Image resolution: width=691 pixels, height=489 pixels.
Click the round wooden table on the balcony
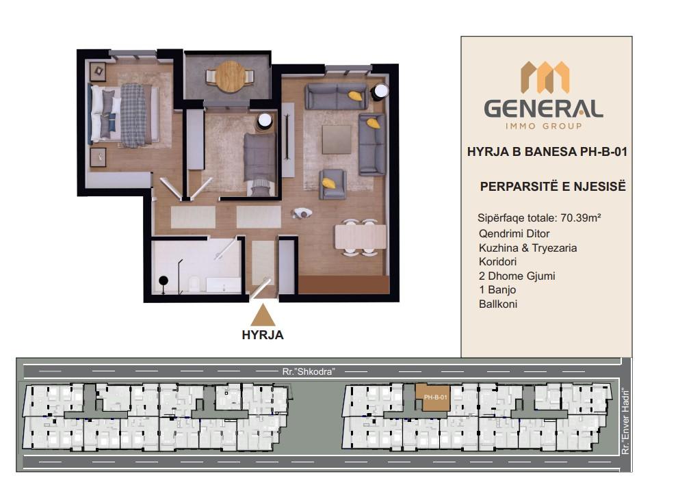pyautogui.click(x=230, y=76)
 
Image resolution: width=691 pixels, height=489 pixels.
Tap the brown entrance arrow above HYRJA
pyautogui.click(x=263, y=315)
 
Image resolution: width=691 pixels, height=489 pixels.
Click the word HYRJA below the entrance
pyautogui.click(x=263, y=335)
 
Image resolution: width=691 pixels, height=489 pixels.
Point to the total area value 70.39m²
pyautogui.click(x=581, y=217)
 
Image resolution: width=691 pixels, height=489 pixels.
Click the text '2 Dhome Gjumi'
pyautogui.click(x=517, y=276)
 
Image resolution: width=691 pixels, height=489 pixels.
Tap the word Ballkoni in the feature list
pyautogui.click(x=498, y=304)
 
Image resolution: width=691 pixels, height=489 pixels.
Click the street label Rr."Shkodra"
pyautogui.click(x=309, y=372)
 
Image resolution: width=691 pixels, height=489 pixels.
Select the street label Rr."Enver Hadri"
pyautogui.click(x=625, y=423)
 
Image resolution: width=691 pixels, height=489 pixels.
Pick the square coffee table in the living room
pyautogui.click(x=337, y=140)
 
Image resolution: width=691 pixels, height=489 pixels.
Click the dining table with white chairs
pyautogui.click(x=361, y=237)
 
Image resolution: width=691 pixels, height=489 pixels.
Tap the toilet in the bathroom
pyautogui.click(x=194, y=284)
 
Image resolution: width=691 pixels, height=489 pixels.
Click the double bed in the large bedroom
pyautogui.click(x=125, y=114)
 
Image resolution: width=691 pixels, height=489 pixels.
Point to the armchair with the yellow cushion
pyautogui.click(x=333, y=184)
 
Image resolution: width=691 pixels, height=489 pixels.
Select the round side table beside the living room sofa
pyautogui.click(x=380, y=92)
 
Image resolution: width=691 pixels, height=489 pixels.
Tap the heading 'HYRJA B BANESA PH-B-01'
pyautogui.click(x=547, y=152)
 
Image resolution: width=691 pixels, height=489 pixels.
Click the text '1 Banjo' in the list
pyautogui.click(x=497, y=290)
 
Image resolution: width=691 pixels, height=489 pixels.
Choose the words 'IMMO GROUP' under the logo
pyautogui.click(x=543, y=127)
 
